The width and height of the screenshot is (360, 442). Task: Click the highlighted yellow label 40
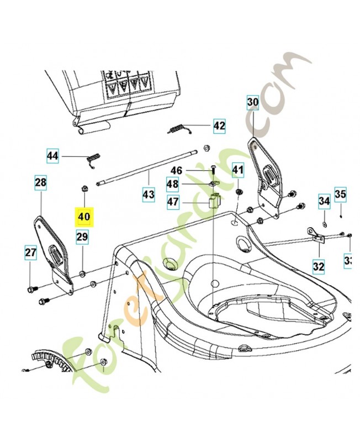click(x=84, y=216)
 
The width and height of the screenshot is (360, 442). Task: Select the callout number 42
click(x=219, y=126)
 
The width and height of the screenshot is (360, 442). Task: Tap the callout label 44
click(x=52, y=156)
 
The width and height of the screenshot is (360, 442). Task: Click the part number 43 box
click(x=148, y=194)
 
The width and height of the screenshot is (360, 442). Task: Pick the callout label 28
click(x=41, y=182)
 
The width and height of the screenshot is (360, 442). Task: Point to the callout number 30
click(x=252, y=102)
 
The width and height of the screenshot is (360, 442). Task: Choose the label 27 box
click(x=30, y=253)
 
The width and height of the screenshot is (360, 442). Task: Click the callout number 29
click(x=82, y=238)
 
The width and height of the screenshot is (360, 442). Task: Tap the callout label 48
click(x=173, y=184)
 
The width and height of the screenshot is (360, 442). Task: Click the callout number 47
click(x=173, y=202)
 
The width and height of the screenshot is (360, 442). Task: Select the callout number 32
click(x=319, y=267)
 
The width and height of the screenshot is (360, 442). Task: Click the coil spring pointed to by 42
click(x=178, y=130)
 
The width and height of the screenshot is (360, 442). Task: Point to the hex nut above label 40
click(x=85, y=188)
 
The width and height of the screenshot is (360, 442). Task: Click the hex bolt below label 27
click(x=31, y=288)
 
